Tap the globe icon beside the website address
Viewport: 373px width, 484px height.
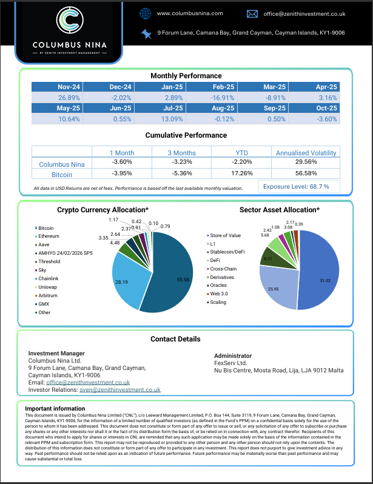145,13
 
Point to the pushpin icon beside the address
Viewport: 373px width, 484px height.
146,33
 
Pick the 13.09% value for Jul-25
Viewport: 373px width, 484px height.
172,119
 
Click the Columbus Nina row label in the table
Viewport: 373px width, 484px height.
61,164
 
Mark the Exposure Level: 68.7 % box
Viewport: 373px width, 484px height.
300,186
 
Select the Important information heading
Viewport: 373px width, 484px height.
52,408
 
